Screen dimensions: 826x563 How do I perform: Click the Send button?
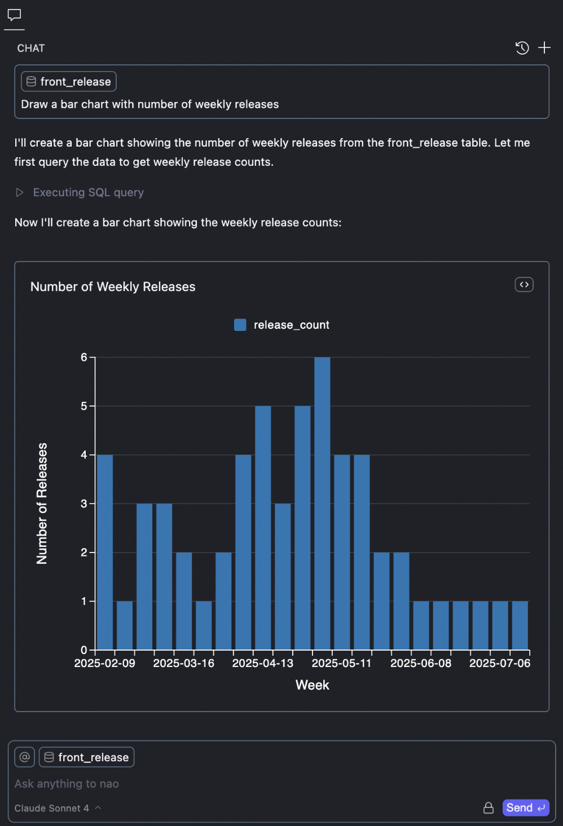point(525,807)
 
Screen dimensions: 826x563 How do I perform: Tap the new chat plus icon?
point(544,48)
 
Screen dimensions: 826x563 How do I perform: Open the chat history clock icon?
point(522,48)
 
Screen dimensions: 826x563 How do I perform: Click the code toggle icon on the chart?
point(524,285)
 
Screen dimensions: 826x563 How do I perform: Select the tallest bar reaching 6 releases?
point(322,503)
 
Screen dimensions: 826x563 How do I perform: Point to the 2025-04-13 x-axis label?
point(263,663)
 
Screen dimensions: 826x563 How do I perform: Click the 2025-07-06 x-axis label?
point(500,663)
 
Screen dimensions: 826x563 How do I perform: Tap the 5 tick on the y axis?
point(84,406)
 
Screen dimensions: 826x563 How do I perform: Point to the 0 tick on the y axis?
point(84,650)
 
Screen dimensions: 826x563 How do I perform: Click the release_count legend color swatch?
point(240,325)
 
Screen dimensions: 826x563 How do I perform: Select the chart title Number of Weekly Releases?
point(113,286)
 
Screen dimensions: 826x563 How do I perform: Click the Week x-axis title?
point(312,685)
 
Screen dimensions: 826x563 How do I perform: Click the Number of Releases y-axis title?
point(42,503)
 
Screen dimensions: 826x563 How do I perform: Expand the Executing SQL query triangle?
point(20,193)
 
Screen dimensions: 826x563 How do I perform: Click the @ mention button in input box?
point(25,757)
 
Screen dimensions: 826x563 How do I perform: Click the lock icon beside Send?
point(489,808)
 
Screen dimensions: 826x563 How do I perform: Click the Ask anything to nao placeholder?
point(67,784)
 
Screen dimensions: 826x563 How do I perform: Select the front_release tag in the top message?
point(69,82)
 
